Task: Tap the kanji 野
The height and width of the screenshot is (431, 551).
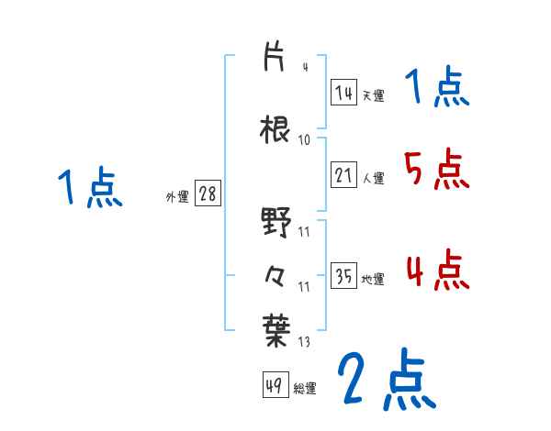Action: click(x=275, y=224)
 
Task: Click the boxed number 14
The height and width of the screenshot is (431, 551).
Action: click(x=343, y=93)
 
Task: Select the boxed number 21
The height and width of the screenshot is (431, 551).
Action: click(x=344, y=175)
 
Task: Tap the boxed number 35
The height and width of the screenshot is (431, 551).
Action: click(x=343, y=276)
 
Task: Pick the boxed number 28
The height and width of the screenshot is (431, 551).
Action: click(x=208, y=193)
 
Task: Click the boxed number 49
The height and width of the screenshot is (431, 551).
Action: click(x=275, y=386)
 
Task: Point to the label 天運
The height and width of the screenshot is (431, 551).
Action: click(x=373, y=95)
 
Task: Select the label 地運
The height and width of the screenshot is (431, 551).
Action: click(x=374, y=279)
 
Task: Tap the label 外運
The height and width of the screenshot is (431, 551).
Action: click(x=176, y=196)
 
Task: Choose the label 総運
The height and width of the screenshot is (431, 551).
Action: click(x=305, y=389)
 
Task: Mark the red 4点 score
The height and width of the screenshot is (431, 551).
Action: click(x=436, y=270)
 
